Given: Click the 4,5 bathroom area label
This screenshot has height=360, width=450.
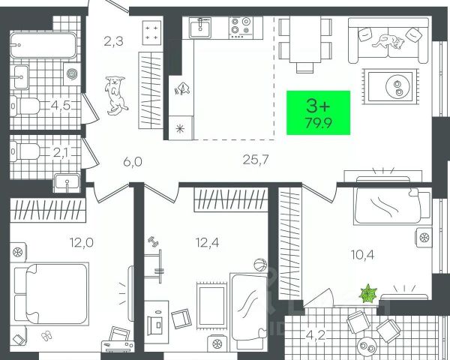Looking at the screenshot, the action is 61,105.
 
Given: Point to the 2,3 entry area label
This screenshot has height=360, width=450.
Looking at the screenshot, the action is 113,42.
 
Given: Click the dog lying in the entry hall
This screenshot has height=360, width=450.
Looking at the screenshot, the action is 115,94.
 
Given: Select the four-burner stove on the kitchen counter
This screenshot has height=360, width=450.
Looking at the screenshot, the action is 243,28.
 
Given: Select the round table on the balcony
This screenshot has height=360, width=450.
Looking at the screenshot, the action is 367,347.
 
